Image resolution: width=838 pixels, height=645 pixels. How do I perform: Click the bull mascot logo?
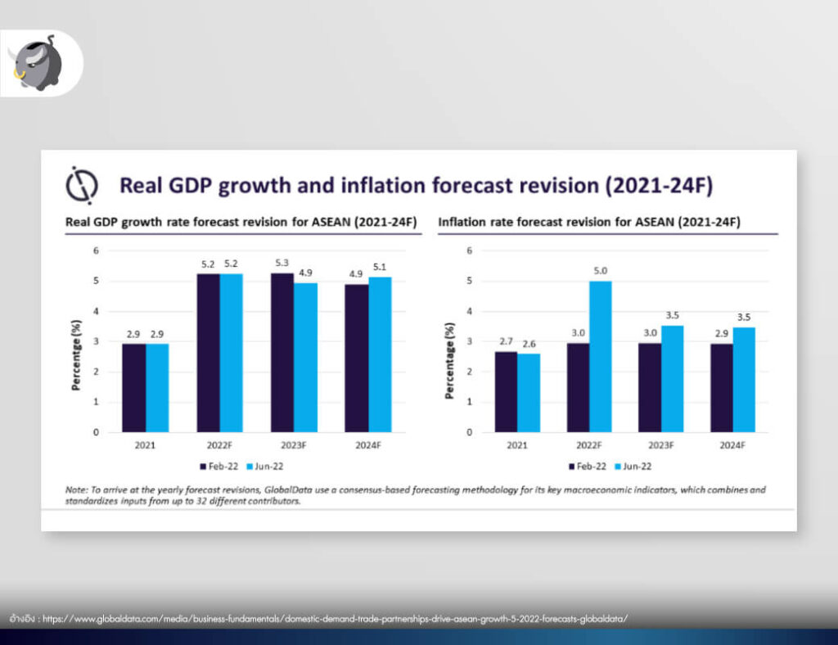click(x=37, y=63)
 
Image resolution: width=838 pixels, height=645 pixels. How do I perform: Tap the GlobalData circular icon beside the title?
click(x=82, y=186)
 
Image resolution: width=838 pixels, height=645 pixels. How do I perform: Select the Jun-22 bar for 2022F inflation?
click(x=600, y=356)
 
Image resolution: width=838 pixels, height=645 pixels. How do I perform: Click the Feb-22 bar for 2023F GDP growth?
click(x=282, y=353)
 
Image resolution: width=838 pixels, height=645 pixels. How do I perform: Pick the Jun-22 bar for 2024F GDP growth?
click(x=380, y=354)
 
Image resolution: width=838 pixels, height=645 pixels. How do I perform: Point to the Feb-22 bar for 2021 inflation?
click(x=506, y=392)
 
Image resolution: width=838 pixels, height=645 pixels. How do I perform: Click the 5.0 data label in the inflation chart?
click(x=600, y=271)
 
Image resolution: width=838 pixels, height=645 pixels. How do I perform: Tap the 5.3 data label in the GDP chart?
click(x=282, y=263)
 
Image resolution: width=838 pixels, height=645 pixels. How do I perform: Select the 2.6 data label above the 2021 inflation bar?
click(x=529, y=344)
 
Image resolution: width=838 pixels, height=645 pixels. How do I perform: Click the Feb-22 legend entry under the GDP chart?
click(x=219, y=467)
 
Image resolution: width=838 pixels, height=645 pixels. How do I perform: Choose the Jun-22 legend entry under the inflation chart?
click(x=633, y=467)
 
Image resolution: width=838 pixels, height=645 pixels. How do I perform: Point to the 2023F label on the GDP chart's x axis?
click(x=294, y=445)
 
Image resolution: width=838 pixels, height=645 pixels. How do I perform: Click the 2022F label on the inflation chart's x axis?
click(x=589, y=445)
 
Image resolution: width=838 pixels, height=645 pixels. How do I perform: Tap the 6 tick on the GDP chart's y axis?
click(x=97, y=250)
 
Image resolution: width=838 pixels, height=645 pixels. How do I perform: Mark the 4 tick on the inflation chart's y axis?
click(x=469, y=311)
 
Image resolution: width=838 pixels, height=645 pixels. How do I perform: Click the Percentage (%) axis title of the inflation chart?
click(x=449, y=361)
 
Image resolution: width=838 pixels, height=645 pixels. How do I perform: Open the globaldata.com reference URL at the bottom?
click(x=335, y=619)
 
